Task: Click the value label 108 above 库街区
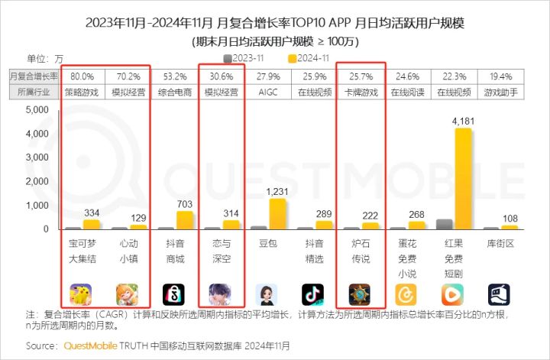click(510, 219)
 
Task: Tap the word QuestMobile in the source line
click(86, 345)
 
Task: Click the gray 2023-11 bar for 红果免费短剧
click(444, 224)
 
